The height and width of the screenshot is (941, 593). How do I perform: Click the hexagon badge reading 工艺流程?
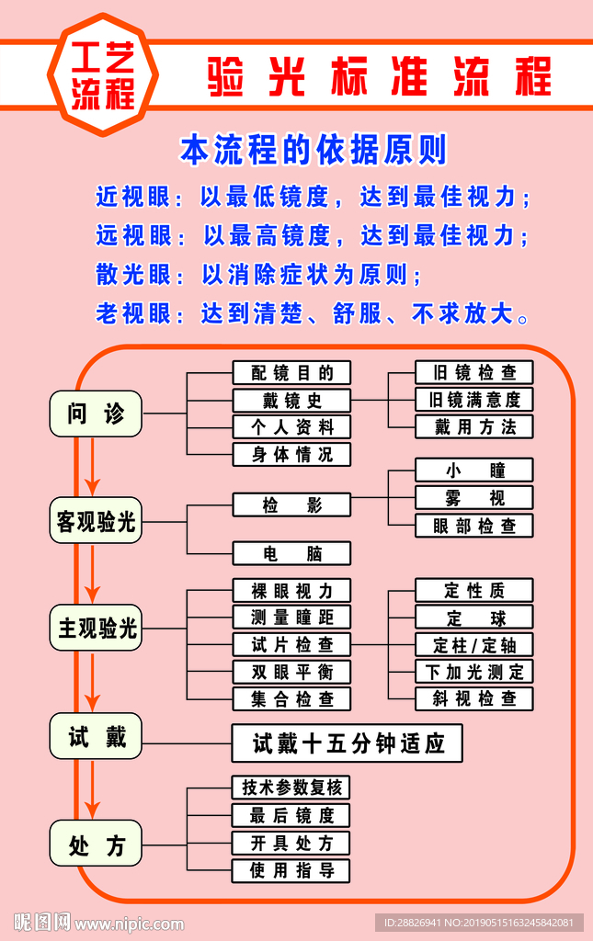point(103,75)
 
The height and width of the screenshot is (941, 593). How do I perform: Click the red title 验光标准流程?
point(379,76)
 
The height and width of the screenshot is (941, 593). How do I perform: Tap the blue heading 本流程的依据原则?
point(313,149)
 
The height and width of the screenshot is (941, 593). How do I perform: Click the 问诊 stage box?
point(96,414)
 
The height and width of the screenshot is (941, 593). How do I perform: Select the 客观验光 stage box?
point(96,521)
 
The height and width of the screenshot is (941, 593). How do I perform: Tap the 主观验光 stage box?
point(96,629)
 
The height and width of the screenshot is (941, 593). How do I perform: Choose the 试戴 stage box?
point(96,736)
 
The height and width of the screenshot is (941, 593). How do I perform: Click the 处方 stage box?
point(96,844)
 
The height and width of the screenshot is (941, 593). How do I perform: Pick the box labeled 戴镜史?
point(291,401)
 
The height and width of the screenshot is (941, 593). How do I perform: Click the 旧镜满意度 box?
point(474,400)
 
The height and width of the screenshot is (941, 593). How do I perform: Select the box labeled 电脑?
point(291,553)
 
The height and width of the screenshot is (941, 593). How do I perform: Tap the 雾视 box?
point(474,498)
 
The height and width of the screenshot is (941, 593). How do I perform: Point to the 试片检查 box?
point(291,644)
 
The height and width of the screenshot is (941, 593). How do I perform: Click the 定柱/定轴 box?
point(474,644)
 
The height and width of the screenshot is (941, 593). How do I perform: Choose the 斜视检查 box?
point(474,698)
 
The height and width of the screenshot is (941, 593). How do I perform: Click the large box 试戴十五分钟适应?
point(347,743)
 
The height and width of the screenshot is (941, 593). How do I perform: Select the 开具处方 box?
point(291,843)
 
